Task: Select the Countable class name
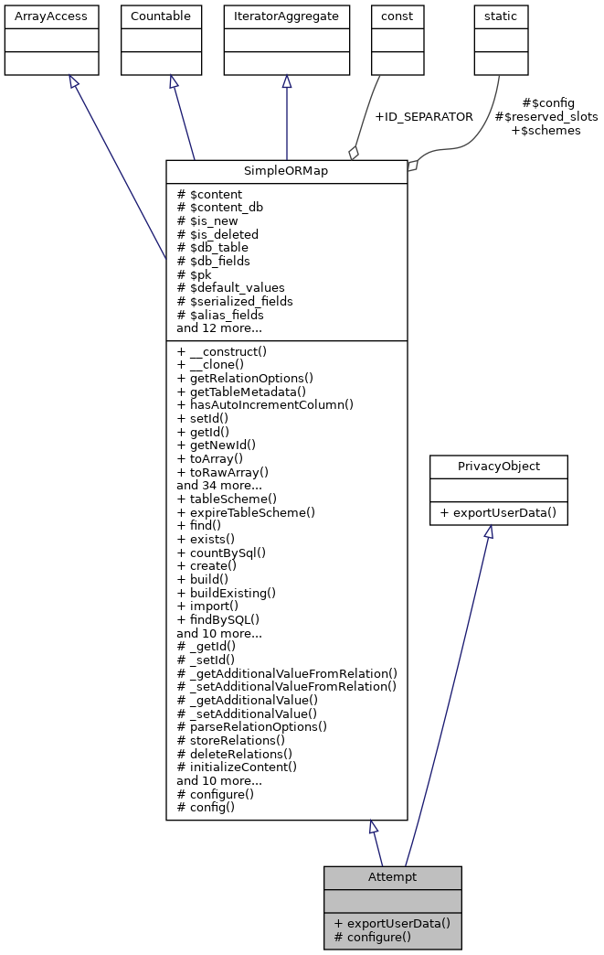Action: click(x=161, y=16)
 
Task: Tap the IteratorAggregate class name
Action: click(x=287, y=16)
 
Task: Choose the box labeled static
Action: click(x=500, y=16)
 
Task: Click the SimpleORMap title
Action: click(x=286, y=172)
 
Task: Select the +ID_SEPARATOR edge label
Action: click(x=424, y=116)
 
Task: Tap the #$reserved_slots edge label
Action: click(x=546, y=116)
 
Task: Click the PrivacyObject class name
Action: click(x=499, y=467)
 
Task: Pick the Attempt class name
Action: click(x=392, y=876)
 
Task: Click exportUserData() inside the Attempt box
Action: click(x=392, y=922)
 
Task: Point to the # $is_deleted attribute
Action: click(x=217, y=234)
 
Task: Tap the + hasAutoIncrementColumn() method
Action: click(x=265, y=404)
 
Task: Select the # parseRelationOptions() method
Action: click(x=252, y=726)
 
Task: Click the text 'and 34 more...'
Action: click(x=219, y=485)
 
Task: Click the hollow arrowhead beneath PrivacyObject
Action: click(x=489, y=532)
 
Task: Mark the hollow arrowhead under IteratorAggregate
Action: click(x=287, y=82)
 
